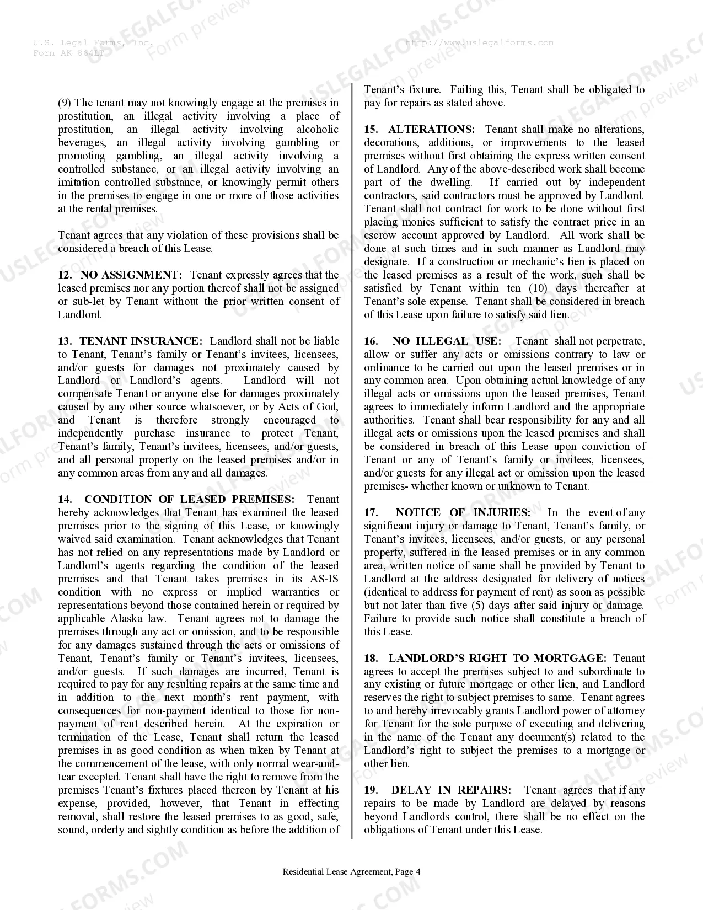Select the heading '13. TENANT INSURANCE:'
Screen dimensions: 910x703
[130, 341]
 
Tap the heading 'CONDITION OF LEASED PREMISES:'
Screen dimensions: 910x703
[189, 499]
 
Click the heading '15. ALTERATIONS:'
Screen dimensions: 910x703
[419, 129]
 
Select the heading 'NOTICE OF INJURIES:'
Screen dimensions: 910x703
[463, 512]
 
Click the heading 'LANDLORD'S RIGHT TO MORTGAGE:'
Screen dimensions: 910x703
[497, 658]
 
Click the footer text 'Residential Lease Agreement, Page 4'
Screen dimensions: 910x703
[351, 872]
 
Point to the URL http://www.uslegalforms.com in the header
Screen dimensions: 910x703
[479, 42]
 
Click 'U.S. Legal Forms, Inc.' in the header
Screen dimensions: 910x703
[93, 42]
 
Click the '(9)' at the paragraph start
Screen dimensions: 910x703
[65, 103]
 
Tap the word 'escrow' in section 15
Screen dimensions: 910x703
[380, 235]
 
